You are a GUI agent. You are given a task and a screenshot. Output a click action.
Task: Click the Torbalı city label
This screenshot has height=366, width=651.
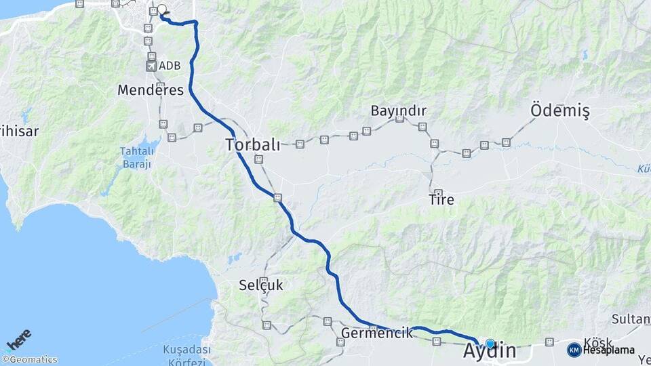tap(252, 144)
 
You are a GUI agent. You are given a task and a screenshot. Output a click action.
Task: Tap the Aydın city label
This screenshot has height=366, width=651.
tap(489, 352)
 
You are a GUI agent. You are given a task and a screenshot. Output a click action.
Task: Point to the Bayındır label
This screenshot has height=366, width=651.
tap(398, 110)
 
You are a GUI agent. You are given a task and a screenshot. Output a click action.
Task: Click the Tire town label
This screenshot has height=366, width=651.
tap(441, 201)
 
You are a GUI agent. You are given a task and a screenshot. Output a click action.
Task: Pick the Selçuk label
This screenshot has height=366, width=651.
tap(261, 285)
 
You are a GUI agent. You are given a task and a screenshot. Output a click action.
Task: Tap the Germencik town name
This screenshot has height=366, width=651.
tap(377, 333)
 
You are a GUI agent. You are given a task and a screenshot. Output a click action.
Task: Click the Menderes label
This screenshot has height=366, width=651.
tap(151, 89)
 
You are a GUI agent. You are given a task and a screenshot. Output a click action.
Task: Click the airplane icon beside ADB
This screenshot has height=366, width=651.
tap(151, 66)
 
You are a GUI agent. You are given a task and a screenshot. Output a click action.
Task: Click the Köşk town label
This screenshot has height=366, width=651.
tap(597, 343)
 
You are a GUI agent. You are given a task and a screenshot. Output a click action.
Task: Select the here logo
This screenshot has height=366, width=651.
tap(19, 339)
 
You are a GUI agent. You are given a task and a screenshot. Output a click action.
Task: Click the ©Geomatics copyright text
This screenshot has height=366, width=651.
tap(30, 360)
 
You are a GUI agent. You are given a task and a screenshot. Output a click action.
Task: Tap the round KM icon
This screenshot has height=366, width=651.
tap(574, 350)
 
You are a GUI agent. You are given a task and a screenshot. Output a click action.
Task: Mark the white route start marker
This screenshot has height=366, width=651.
tap(161, 10)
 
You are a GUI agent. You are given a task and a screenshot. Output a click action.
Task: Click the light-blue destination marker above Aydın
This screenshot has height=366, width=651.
tap(490, 344)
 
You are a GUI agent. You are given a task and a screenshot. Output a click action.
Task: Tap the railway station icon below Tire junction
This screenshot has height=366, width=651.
tap(438, 193)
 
